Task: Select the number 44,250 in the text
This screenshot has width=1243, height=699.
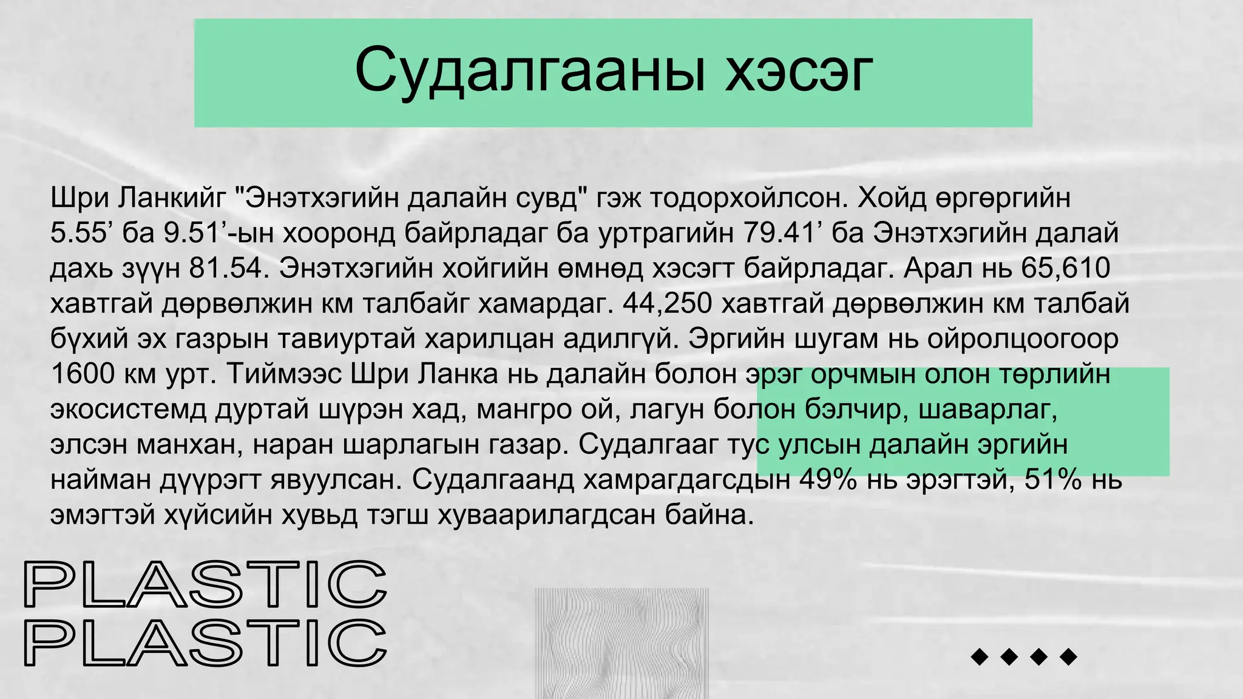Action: pyautogui.click(x=667, y=303)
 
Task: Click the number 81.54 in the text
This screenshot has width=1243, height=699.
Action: pyautogui.click(x=228, y=268)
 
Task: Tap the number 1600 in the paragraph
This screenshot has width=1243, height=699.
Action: pyautogui.click(x=83, y=374)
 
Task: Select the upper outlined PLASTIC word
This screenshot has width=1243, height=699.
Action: pyautogui.click(x=205, y=584)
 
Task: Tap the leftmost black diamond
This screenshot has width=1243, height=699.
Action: pyautogui.click(x=980, y=657)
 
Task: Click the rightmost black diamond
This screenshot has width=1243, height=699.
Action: pyautogui.click(x=1068, y=657)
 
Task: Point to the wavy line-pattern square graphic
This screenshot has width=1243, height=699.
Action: pyautogui.click(x=621, y=643)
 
